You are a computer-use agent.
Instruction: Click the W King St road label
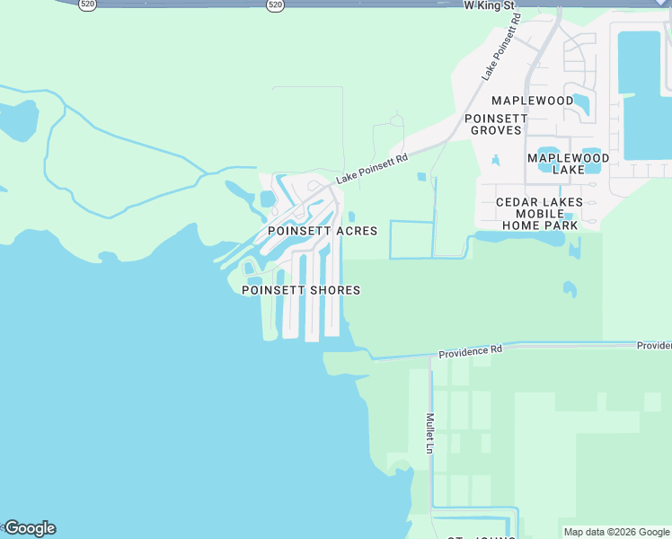tap(489, 5)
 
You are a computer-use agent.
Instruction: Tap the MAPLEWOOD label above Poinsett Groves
tap(532, 101)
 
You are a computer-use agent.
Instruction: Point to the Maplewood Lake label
tap(568, 163)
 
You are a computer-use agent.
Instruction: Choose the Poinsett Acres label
tap(323, 231)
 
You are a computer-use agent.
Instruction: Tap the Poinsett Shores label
tap(301, 290)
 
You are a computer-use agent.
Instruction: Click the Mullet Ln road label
tap(430, 433)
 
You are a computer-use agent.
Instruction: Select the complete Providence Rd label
tap(471, 351)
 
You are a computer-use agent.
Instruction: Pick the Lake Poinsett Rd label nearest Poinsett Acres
tap(372, 168)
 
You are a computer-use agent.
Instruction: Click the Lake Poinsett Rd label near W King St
tap(500, 49)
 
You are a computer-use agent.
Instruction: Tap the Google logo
tap(29, 528)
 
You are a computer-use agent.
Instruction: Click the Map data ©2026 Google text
tap(616, 532)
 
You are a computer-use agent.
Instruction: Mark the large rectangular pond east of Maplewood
tap(643, 94)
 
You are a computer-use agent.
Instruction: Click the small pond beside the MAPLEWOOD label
tap(581, 104)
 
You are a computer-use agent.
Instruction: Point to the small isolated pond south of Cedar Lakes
tap(569, 288)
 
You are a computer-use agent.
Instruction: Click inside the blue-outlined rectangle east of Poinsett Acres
tap(411, 239)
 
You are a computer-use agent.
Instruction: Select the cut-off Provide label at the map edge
tap(654, 346)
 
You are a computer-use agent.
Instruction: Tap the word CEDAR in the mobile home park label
tap(517, 202)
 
